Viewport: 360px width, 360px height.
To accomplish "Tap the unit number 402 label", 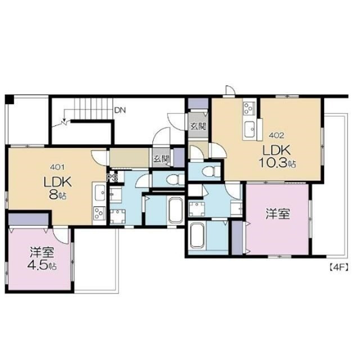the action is (x=276, y=136).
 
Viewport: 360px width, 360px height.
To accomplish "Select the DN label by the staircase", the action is (x=120, y=110).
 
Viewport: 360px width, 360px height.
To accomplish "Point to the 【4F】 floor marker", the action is (x=339, y=267).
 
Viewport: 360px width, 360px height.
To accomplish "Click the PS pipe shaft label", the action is (x=112, y=177).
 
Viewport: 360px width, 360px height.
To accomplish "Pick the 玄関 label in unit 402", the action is (x=198, y=126).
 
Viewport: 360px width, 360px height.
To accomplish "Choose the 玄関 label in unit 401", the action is (x=161, y=159).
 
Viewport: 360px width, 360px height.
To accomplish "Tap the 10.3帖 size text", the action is (x=277, y=163).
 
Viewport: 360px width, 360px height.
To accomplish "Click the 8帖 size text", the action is (x=57, y=195).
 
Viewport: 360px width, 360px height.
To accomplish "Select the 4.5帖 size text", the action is (x=42, y=265).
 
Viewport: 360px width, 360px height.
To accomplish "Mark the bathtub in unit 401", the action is (x=176, y=210).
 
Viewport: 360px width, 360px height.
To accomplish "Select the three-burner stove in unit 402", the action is (x=249, y=108).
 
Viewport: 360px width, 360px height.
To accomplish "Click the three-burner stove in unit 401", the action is (x=99, y=213).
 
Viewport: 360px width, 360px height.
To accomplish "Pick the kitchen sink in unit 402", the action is (x=249, y=130).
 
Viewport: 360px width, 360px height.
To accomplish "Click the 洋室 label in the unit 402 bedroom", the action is (x=278, y=214).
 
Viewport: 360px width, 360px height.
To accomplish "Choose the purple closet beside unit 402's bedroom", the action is (x=237, y=237).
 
